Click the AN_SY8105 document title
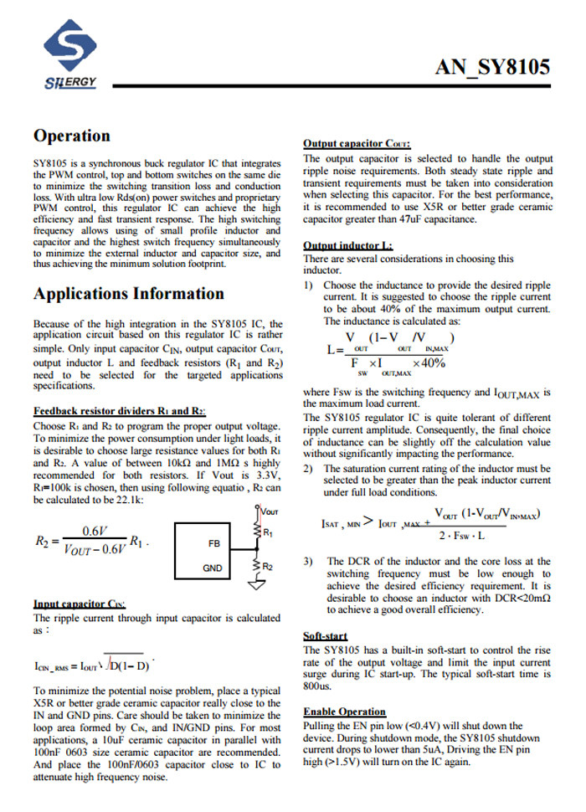[491, 68]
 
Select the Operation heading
[71, 136]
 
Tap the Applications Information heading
[128, 293]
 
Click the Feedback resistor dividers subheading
[119, 411]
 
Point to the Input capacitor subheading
[80, 604]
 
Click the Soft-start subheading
[325, 636]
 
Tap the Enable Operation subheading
[344, 712]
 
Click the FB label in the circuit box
[213, 543]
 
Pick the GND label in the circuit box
[213, 568]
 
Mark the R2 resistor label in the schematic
[268, 568]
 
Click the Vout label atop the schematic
[270, 511]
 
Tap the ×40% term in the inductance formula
[429, 363]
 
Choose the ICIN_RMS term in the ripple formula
[56, 666]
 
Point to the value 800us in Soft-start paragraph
[317, 686]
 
